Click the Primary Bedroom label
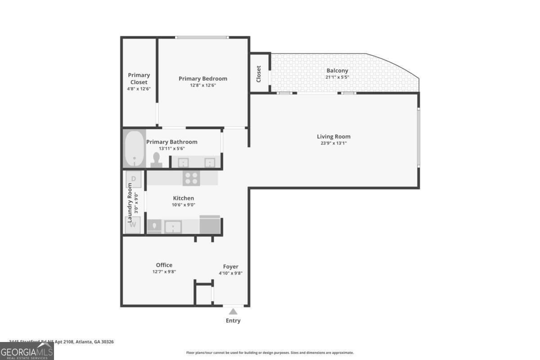point(202,79)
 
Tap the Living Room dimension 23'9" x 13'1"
point(333,144)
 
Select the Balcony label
point(337,71)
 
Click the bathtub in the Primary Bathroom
point(134,149)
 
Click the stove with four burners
point(191,178)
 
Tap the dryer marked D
point(134,179)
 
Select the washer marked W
point(133,225)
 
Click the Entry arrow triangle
point(233,311)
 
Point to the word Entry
point(233,321)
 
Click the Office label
point(164,265)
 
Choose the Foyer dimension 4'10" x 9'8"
point(230,273)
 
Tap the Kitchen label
point(184,198)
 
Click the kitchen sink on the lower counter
point(173,226)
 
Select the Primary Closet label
point(139,79)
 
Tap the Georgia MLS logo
point(27,351)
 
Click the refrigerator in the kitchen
point(210,225)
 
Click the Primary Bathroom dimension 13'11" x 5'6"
point(171,148)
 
